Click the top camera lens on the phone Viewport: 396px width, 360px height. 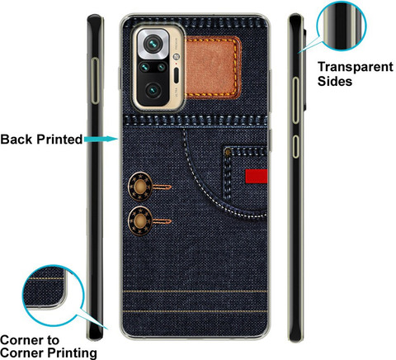(x=153, y=43)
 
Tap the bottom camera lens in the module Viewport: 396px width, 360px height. (x=153, y=90)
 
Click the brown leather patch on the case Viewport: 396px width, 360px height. (x=212, y=68)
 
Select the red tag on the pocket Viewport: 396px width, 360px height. (x=257, y=176)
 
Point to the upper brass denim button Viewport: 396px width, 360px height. (x=140, y=187)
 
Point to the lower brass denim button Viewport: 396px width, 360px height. (x=140, y=220)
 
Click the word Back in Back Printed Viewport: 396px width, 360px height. (x=16, y=140)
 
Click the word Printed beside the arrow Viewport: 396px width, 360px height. (x=59, y=140)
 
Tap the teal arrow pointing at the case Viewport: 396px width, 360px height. (x=101, y=139)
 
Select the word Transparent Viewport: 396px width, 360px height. (x=356, y=67)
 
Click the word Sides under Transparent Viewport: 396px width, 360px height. (x=335, y=81)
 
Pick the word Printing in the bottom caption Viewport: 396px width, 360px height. (x=72, y=353)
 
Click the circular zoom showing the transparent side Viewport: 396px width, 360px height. (x=342, y=26)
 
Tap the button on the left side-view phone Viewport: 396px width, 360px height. (x=95, y=81)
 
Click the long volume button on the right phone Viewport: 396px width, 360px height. (x=295, y=101)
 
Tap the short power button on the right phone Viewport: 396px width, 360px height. (x=295, y=146)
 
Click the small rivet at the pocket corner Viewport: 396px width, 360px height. (x=228, y=152)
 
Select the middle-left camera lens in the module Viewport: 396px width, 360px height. (x=144, y=67)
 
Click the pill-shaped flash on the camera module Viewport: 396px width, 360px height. (x=177, y=75)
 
